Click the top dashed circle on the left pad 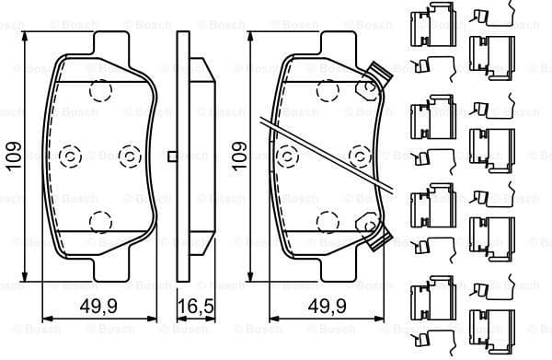pyautogui.click(x=100, y=89)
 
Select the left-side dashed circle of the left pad pyautogui.click(x=68, y=156)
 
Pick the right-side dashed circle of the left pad pyautogui.click(x=131, y=156)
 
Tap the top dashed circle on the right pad pyautogui.click(x=325, y=89)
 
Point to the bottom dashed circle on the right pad pyautogui.click(x=325, y=221)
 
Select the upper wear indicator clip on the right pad pyautogui.click(x=374, y=75)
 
